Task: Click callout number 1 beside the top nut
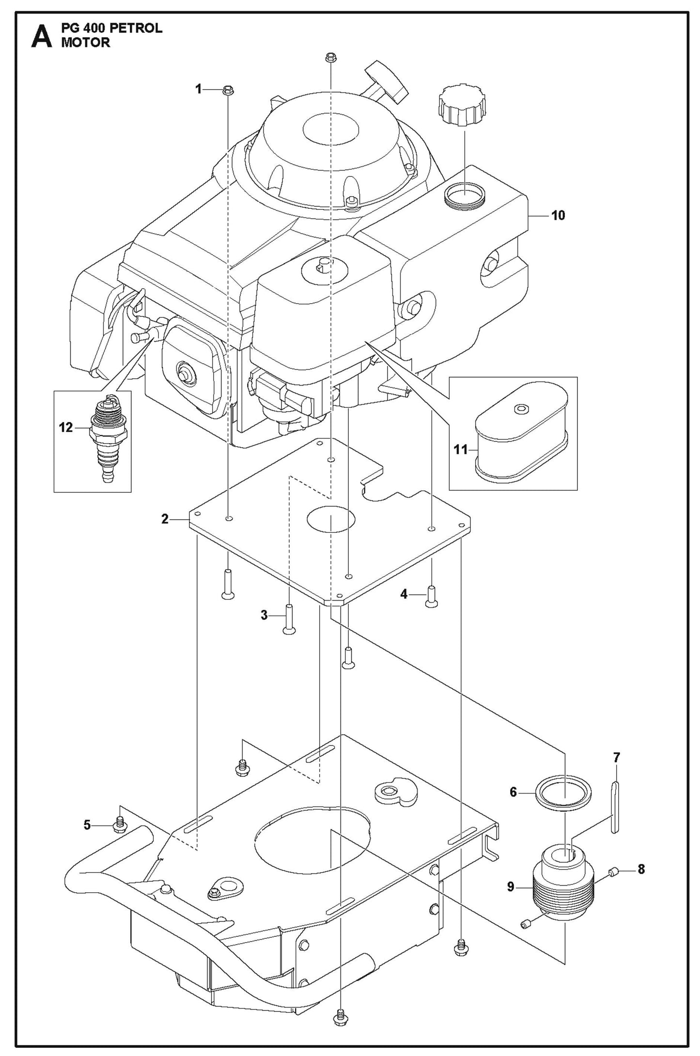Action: [198, 89]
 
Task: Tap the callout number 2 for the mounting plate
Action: [165, 519]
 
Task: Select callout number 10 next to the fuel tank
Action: [558, 215]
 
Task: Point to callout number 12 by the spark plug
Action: [66, 427]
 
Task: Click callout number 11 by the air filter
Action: [460, 450]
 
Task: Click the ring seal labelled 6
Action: [563, 793]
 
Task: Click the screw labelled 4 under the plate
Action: [431, 597]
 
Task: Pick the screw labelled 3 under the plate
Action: [289, 620]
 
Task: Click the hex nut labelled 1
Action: [228, 90]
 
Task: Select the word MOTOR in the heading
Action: [85, 43]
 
